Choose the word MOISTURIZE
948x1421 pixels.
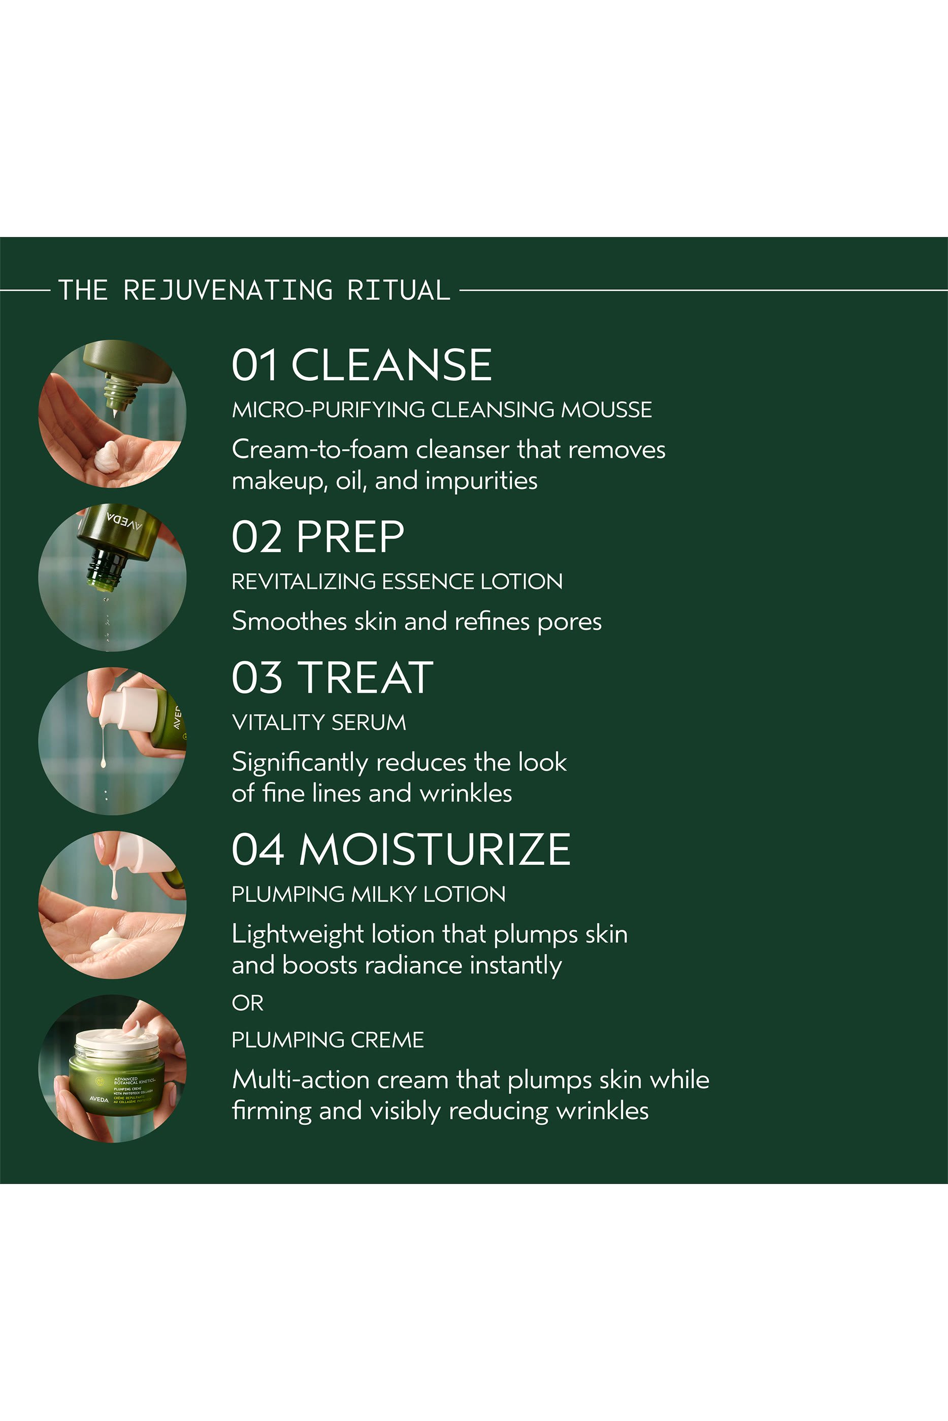[435, 850]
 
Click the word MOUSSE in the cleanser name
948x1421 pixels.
[606, 410]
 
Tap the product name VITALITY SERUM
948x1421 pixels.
[318, 723]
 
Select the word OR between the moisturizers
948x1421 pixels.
[247, 1003]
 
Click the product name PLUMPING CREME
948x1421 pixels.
[328, 1040]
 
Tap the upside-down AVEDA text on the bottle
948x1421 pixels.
[124, 522]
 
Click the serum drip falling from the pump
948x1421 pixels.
[104, 749]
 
